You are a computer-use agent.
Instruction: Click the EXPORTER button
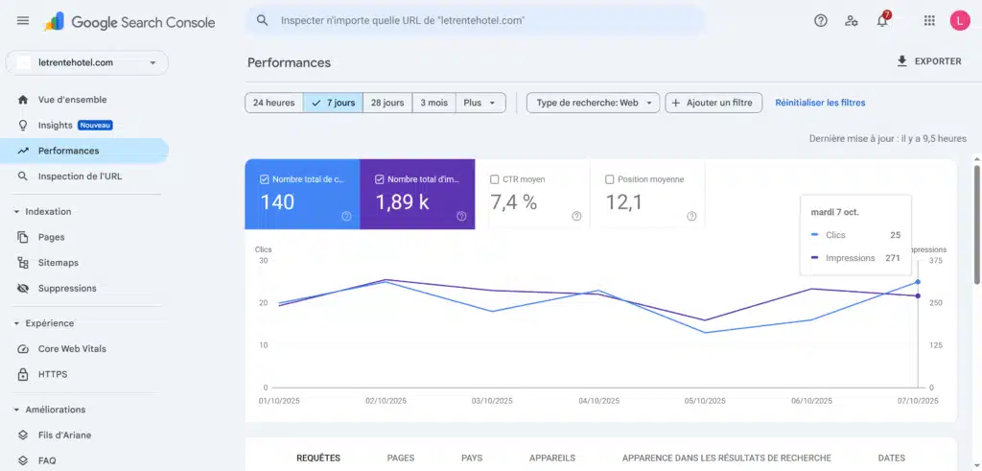pyautogui.click(x=927, y=61)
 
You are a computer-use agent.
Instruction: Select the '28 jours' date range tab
pyautogui.click(x=386, y=103)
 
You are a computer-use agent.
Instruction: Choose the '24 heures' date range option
pyautogui.click(x=273, y=103)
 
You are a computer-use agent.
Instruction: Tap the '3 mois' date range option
pyautogui.click(x=433, y=103)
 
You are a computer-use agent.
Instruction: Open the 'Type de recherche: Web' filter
pyautogui.click(x=593, y=103)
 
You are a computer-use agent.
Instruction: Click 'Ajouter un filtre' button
pyautogui.click(x=713, y=103)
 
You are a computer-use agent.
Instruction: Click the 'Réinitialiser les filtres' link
pyautogui.click(x=820, y=103)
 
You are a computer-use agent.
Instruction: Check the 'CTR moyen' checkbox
pyautogui.click(x=495, y=179)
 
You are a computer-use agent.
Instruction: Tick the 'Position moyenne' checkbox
pyautogui.click(x=610, y=179)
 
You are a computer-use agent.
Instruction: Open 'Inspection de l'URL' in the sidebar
pyautogui.click(x=80, y=177)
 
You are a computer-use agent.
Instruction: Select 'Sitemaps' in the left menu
pyautogui.click(x=58, y=263)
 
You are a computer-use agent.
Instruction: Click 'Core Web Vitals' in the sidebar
pyautogui.click(x=72, y=349)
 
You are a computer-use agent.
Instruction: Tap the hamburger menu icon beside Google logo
pyautogui.click(x=23, y=20)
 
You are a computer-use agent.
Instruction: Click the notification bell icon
pyautogui.click(x=882, y=20)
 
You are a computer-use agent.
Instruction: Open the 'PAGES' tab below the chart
pyautogui.click(x=401, y=458)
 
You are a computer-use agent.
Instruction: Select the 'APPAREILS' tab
pyautogui.click(x=551, y=458)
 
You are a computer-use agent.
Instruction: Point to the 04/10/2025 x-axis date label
pyautogui.click(x=600, y=401)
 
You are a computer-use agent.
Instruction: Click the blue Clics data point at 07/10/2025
pyautogui.click(x=918, y=282)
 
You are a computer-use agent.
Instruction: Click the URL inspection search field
pyautogui.click(x=479, y=20)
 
